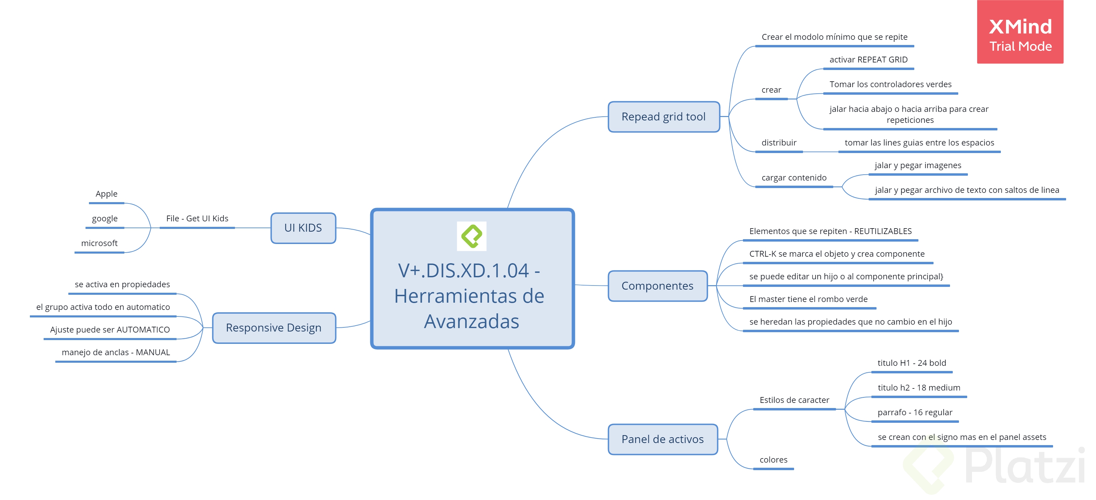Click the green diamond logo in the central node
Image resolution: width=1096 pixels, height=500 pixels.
tap(472, 236)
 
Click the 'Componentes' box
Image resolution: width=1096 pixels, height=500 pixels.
tap(657, 286)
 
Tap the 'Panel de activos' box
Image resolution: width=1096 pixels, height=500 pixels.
tap(663, 439)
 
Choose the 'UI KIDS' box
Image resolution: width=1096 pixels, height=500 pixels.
tap(303, 228)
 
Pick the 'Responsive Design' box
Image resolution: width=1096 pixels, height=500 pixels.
tap(274, 328)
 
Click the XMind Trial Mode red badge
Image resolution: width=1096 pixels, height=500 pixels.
tap(1020, 32)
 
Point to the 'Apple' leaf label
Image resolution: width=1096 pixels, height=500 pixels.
tap(106, 194)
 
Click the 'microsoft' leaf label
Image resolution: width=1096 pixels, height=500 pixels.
tap(99, 243)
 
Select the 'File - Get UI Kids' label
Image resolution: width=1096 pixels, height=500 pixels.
tap(197, 219)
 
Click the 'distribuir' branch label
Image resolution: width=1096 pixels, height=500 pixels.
tap(779, 143)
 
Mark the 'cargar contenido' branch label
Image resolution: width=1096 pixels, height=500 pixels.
tap(793, 178)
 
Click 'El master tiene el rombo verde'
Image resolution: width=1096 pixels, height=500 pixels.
tap(808, 299)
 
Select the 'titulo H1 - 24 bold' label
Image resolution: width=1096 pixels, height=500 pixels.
tap(911, 363)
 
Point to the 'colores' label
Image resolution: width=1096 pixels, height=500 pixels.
tap(773, 460)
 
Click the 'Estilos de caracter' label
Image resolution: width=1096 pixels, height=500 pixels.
tap(794, 400)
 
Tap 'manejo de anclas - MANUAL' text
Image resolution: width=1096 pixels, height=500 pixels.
tap(116, 352)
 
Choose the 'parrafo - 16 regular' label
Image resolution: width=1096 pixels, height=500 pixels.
tap(914, 412)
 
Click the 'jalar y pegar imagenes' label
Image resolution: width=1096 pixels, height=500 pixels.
tap(918, 165)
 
